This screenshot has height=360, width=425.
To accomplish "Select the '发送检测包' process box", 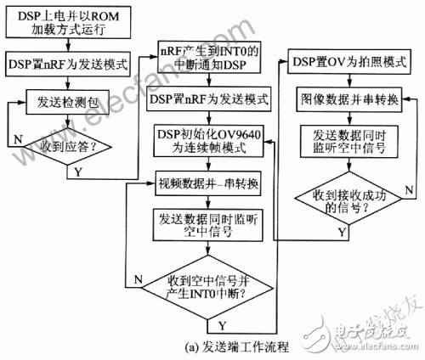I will pyautogui.click(x=69, y=103).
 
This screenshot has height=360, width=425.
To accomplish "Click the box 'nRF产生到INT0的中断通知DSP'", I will pyautogui.click(x=209, y=59).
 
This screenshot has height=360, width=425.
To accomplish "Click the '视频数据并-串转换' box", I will pyautogui.click(x=208, y=183).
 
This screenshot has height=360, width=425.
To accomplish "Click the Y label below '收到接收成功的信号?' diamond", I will pyautogui.click(x=342, y=231).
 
